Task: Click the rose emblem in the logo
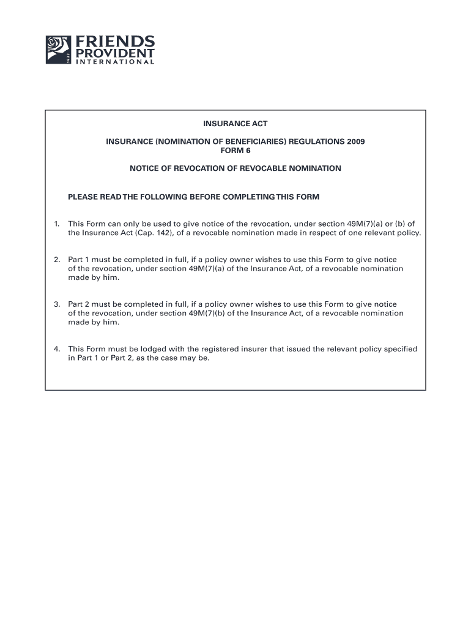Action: [x=58, y=49]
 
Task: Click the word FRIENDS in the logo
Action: [x=115, y=41]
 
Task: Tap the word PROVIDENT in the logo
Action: [x=115, y=53]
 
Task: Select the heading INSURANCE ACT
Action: [x=236, y=124]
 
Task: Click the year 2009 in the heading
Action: [x=355, y=141]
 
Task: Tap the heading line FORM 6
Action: [x=236, y=150]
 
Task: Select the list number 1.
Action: [x=56, y=224]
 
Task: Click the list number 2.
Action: [x=56, y=260]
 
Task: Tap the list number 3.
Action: [x=56, y=304]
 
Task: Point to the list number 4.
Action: [x=56, y=349]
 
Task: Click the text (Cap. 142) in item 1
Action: [x=155, y=233]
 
